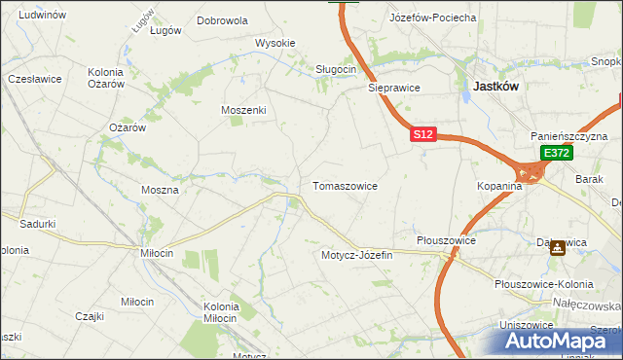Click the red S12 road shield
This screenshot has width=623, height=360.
tap(421, 135)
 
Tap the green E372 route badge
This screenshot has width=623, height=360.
tap(556, 154)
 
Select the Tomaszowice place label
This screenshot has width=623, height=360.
tap(345, 185)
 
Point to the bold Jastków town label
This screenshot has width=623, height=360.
tap(495, 86)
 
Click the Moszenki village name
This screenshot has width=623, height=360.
tap(243, 110)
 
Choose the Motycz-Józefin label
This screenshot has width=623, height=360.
tap(356, 255)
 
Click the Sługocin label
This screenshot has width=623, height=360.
tap(336, 69)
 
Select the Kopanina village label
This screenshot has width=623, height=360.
tap(500, 185)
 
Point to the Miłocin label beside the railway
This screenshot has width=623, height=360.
tap(157, 253)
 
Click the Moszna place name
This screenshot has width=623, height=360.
tap(160, 190)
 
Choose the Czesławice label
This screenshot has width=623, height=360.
tap(35, 78)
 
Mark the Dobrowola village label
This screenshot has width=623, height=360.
tap(222, 19)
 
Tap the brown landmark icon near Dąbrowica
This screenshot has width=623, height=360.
tap(557, 247)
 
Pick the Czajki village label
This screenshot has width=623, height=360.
tap(90, 315)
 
